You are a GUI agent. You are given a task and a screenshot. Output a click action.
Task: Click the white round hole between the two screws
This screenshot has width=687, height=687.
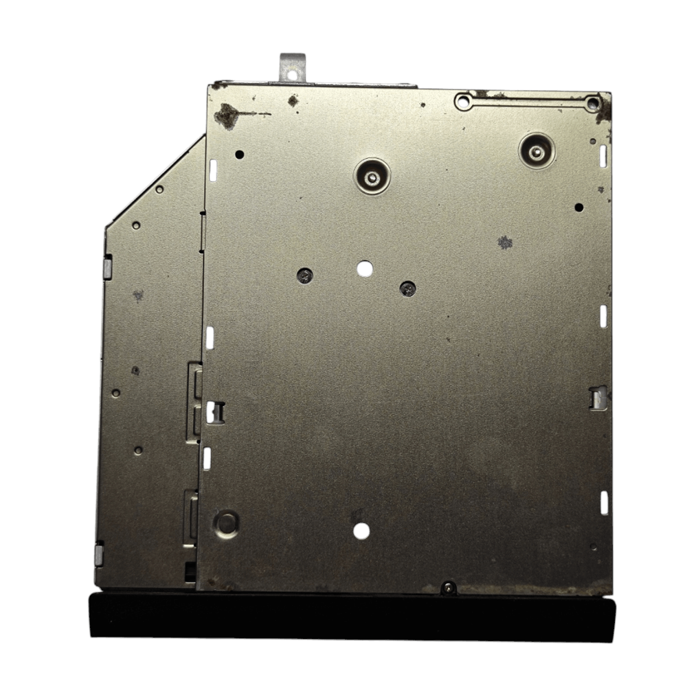[364, 269]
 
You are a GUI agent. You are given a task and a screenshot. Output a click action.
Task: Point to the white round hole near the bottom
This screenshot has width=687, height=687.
[362, 530]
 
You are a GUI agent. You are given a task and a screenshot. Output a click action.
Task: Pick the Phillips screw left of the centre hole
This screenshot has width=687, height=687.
[305, 276]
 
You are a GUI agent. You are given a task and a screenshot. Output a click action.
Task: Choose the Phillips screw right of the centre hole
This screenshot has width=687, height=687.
[408, 289]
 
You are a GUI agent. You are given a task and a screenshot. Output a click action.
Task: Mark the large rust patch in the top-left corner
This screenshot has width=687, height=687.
[227, 116]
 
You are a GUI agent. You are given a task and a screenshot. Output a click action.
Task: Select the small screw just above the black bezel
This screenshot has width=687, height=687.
[449, 588]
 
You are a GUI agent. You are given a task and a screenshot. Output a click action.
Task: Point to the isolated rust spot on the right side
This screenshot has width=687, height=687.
[505, 242]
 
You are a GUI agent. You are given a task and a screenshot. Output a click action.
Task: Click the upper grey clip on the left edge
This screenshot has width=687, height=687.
[108, 268]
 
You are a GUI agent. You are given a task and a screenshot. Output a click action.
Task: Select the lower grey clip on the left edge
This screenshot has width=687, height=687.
[99, 554]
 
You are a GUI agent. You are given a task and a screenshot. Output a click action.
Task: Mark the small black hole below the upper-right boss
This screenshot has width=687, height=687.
[578, 207]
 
